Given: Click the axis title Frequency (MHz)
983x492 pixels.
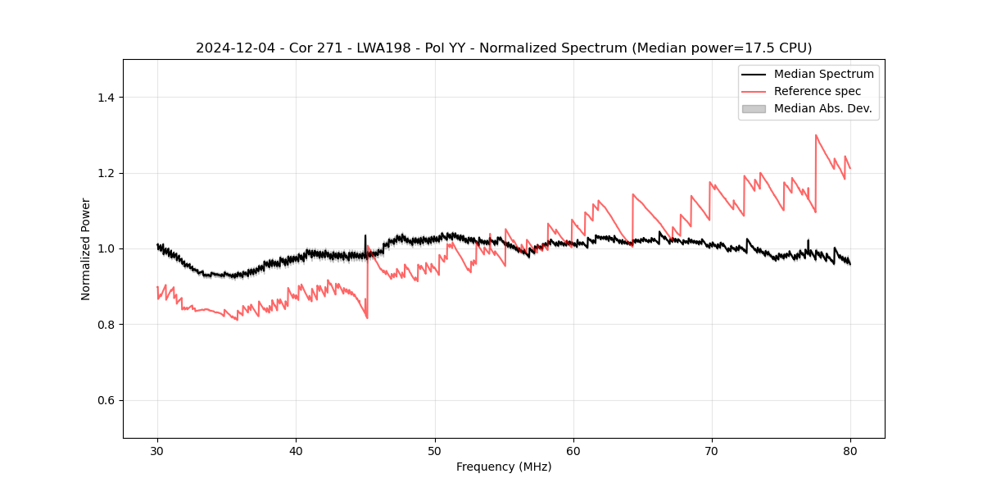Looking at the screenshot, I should [x=504, y=467].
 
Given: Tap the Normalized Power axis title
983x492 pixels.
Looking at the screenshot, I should [x=85, y=248].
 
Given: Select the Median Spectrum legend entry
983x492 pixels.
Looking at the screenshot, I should [x=823, y=74].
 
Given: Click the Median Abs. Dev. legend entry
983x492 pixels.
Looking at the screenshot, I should [x=822, y=108].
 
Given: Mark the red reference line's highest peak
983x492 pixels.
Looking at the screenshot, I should [x=816, y=135].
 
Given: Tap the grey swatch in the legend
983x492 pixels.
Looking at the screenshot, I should [x=754, y=108].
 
